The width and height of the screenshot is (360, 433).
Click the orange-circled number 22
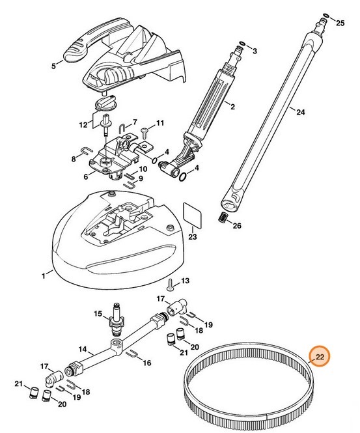[320, 357]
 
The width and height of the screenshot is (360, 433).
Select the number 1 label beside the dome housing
[43, 275]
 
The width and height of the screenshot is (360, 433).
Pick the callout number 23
[193, 238]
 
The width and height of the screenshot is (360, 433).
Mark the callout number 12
[83, 124]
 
